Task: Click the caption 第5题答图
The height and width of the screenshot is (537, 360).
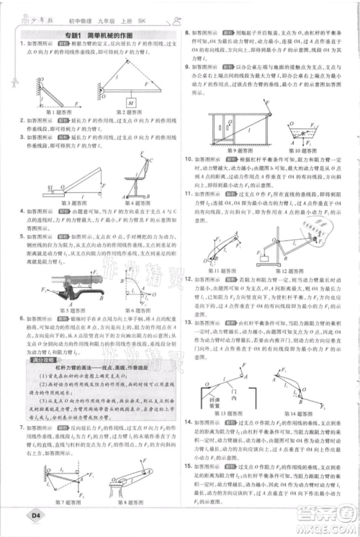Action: tap(59, 311)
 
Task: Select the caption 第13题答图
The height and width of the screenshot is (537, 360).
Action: tap(226, 414)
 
